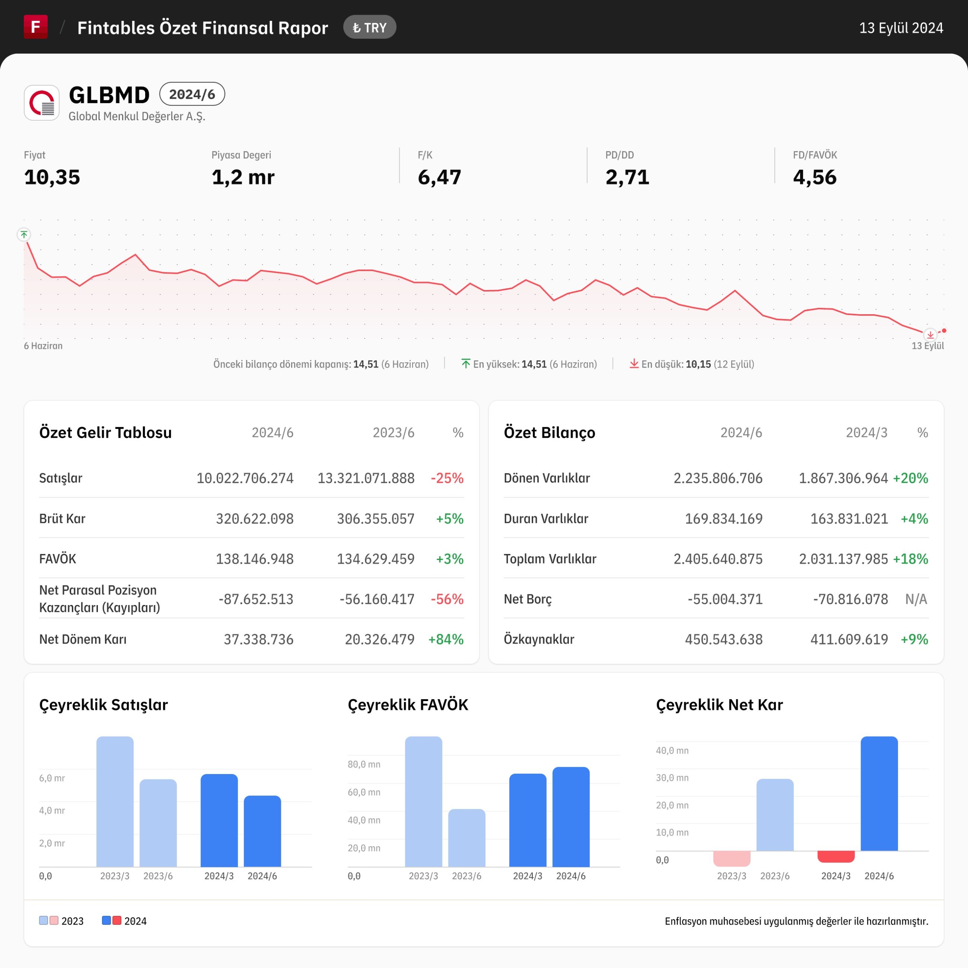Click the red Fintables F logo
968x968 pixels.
[36, 26]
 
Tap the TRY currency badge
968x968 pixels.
[370, 28]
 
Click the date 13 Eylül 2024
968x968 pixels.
[901, 28]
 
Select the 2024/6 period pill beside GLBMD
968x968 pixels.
[192, 94]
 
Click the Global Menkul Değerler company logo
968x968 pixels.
[42, 103]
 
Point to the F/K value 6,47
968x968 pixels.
[439, 177]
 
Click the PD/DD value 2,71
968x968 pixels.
[627, 177]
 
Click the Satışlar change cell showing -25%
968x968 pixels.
[447, 478]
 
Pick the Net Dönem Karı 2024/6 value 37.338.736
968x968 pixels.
[259, 639]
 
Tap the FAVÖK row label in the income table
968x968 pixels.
[57, 558]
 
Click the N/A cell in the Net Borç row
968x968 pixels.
[917, 599]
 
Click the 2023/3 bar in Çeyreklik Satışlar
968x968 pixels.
[115, 802]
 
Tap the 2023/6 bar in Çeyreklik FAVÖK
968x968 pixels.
[467, 838]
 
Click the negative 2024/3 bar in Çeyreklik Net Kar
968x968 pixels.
[836, 856]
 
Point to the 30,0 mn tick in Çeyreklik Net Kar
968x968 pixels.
[672, 777]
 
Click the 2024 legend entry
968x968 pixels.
[124, 921]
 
